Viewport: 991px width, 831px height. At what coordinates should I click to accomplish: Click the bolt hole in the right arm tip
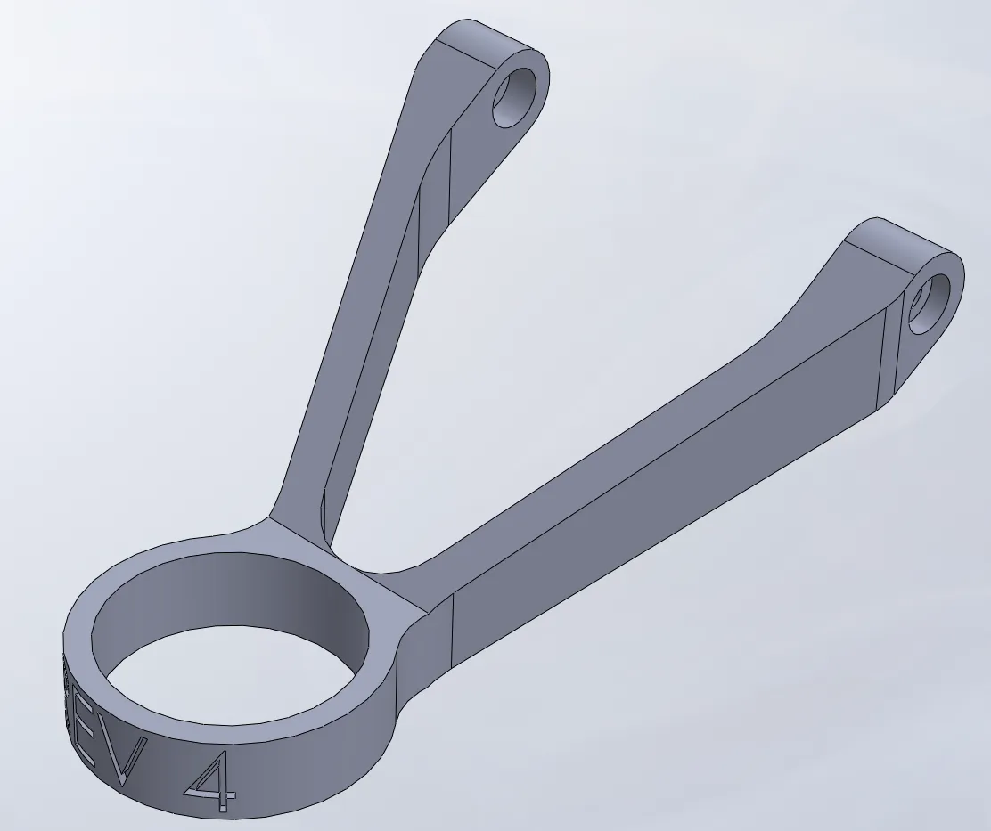[x=930, y=303]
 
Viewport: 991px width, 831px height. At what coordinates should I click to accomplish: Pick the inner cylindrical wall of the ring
[x=267, y=606]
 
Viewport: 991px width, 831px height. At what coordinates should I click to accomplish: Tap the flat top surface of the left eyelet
[x=486, y=40]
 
